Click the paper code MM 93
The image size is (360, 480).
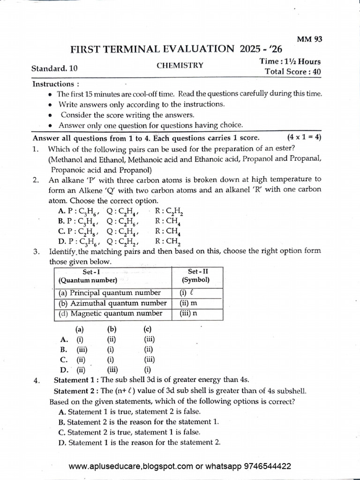click(310, 40)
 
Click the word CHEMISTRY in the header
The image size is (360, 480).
click(180, 66)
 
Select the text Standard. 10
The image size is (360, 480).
click(55, 68)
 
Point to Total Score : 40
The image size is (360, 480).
click(293, 72)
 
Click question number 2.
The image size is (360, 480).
click(36, 179)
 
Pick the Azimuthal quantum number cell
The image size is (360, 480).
click(112, 303)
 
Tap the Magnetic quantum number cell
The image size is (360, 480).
click(110, 314)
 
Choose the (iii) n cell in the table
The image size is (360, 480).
click(189, 314)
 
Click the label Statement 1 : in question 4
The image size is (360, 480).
click(76, 380)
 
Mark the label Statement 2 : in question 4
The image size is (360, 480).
click(76, 391)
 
